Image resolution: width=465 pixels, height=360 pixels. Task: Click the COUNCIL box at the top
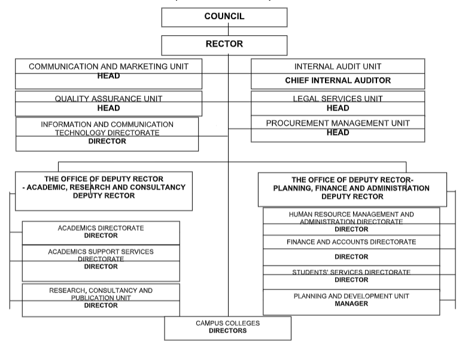(x=224, y=17)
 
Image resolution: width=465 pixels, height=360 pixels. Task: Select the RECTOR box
(x=224, y=45)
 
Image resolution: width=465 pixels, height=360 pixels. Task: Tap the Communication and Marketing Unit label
(x=108, y=66)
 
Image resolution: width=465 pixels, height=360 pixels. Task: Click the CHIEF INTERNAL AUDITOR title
(x=338, y=80)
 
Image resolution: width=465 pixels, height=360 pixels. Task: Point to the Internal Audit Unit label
(x=338, y=66)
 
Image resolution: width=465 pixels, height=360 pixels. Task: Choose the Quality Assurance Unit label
(x=108, y=98)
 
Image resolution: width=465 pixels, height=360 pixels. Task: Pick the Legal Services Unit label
(x=338, y=98)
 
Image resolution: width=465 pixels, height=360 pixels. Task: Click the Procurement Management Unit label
(x=338, y=123)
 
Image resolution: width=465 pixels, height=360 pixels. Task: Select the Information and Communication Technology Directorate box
(x=107, y=133)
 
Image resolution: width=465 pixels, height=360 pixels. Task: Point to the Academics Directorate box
(x=101, y=232)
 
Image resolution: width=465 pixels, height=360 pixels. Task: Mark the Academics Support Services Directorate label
(x=101, y=255)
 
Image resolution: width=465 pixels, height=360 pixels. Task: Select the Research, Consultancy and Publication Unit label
(x=101, y=294)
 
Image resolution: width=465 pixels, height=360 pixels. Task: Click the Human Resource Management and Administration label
(x=351, y=217)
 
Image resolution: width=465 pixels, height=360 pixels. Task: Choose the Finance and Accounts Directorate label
(x=351, y=242)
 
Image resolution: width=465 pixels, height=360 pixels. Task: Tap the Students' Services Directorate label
(x=351, y=273)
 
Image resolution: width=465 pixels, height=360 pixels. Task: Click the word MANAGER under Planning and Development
(x=351, y=304)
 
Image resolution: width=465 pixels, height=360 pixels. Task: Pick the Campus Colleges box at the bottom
(x=227, y=327)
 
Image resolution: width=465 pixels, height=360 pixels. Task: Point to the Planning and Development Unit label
(x=351, y=296)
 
